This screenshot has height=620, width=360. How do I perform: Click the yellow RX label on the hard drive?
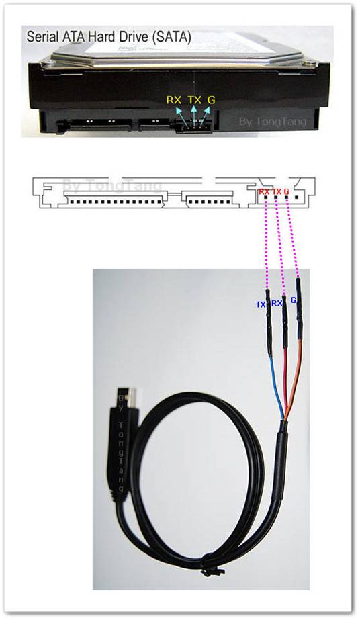point(173,100)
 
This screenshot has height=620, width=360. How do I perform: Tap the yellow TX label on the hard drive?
point(195,100)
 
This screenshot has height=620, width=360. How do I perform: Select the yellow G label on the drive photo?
point(212,100)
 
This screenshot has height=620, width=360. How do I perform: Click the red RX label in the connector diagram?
point(265,191)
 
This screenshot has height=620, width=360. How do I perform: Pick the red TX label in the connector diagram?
point(277,191)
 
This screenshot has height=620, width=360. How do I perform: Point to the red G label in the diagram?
point(287,191)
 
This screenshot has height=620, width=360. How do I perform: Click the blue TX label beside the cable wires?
point(261,305)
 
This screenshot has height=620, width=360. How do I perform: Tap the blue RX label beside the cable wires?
point(277,304)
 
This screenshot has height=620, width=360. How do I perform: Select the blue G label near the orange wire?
point(294,300)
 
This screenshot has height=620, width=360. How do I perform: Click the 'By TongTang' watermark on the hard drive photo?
point(273,122)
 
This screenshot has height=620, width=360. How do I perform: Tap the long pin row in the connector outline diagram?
point(116,202)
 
